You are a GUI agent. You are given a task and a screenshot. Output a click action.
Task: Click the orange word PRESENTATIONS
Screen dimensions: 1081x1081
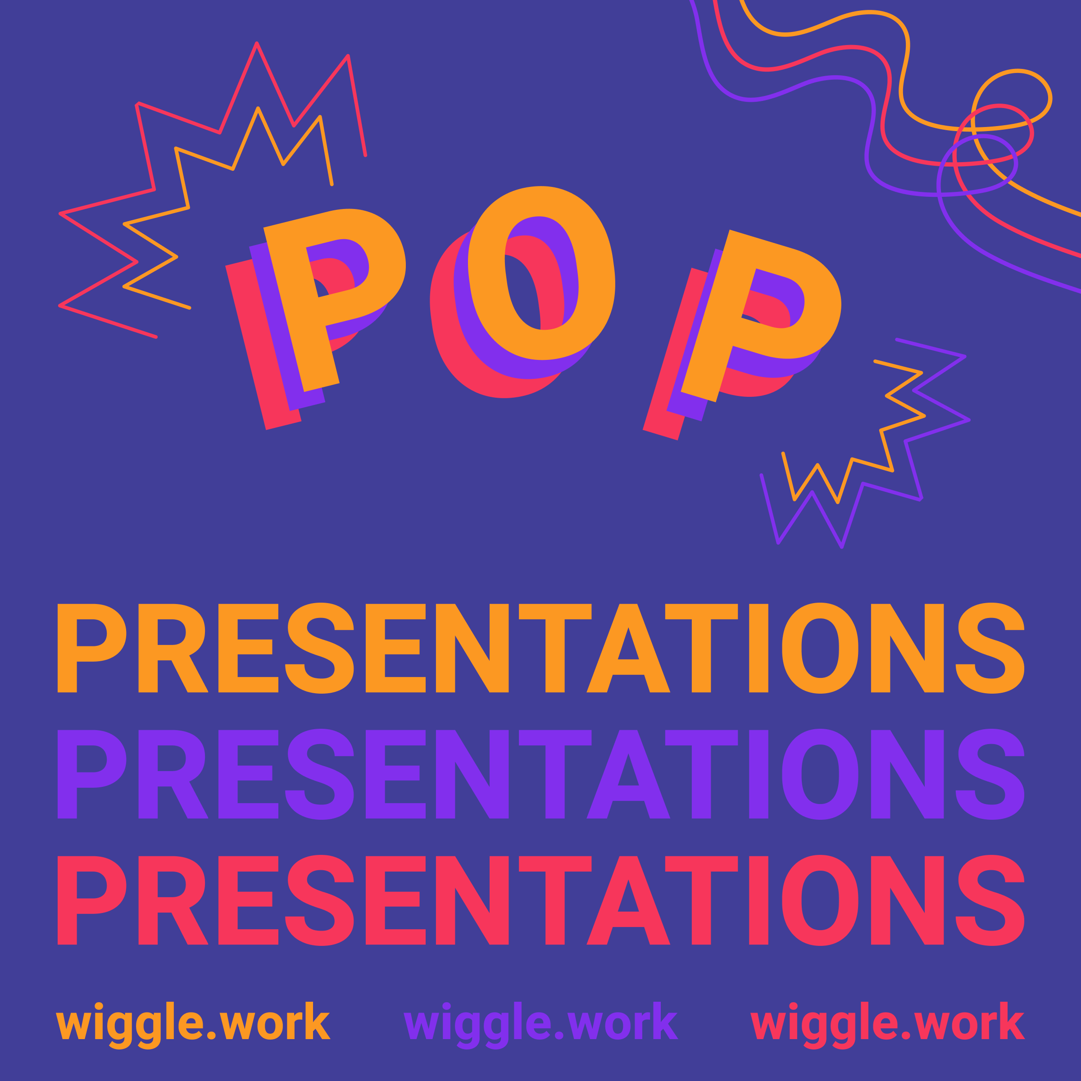tap(540, 648)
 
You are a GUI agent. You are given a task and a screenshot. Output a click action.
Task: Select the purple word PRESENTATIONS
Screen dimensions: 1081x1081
tap(540, 774)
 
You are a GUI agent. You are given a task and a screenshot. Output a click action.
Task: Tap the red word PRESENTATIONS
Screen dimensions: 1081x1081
tap(540, 900)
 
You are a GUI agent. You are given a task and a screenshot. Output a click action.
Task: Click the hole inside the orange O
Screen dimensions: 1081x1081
tap(541, 273)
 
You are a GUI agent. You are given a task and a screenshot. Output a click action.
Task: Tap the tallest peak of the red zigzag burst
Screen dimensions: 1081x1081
tap(257, 44)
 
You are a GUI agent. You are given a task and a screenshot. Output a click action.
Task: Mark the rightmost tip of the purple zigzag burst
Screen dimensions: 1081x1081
tap(968, 420)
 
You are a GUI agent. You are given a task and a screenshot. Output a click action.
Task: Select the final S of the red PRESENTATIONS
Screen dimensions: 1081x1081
tap(990, 900)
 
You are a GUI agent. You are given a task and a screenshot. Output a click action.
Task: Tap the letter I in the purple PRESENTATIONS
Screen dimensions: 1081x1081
tap(759, 774)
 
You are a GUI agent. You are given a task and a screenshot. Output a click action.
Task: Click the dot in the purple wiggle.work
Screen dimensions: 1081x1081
tap(559, 1035)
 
